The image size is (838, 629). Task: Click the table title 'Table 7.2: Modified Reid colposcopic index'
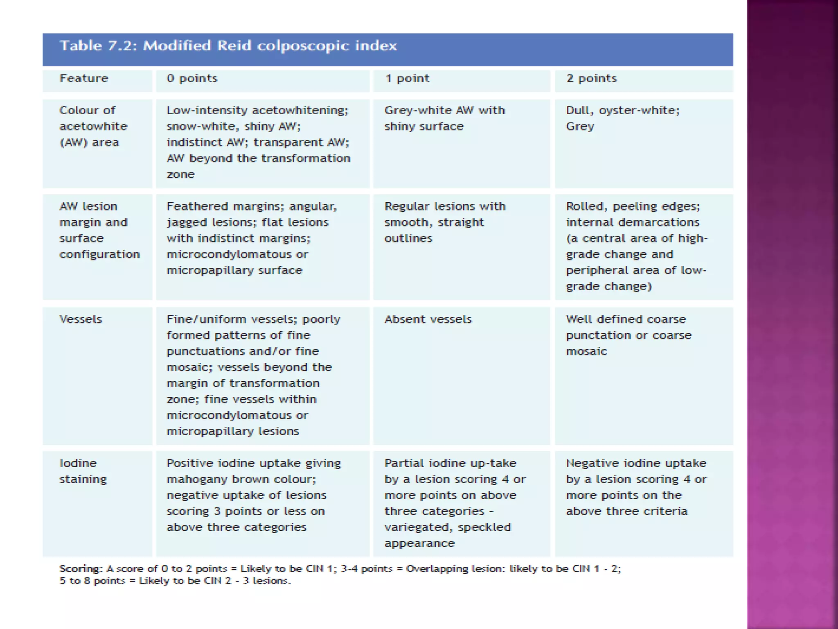[x=228, y=45]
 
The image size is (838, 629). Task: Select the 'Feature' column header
[x=84, y=78]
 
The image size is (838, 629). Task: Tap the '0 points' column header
[x=191, y=78]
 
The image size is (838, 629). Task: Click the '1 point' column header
[x=407, y=78]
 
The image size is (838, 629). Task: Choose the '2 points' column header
[x=591, y=78]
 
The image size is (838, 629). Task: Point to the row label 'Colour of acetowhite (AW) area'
[x=93, y=126]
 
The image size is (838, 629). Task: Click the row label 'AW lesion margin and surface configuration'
[x=99, y=230]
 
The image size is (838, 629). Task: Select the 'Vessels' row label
[x=81, y=319]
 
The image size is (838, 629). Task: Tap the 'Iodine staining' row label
[x=83, y=471]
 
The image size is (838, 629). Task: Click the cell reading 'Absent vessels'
[x=428, y=319]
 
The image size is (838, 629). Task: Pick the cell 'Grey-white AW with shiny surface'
[x=444, y=118]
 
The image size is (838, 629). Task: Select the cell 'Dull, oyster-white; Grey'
[x=622, y=118]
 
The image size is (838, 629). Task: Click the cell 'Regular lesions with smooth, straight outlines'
[x=445, y=222]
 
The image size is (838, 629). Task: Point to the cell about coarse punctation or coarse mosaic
[x=628, y=335]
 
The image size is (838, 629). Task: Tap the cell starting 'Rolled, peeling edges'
[x=636, y=246]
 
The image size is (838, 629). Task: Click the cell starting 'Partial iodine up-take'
[x=455, y=503]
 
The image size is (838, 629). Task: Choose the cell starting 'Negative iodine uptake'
[x=636, y=487]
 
